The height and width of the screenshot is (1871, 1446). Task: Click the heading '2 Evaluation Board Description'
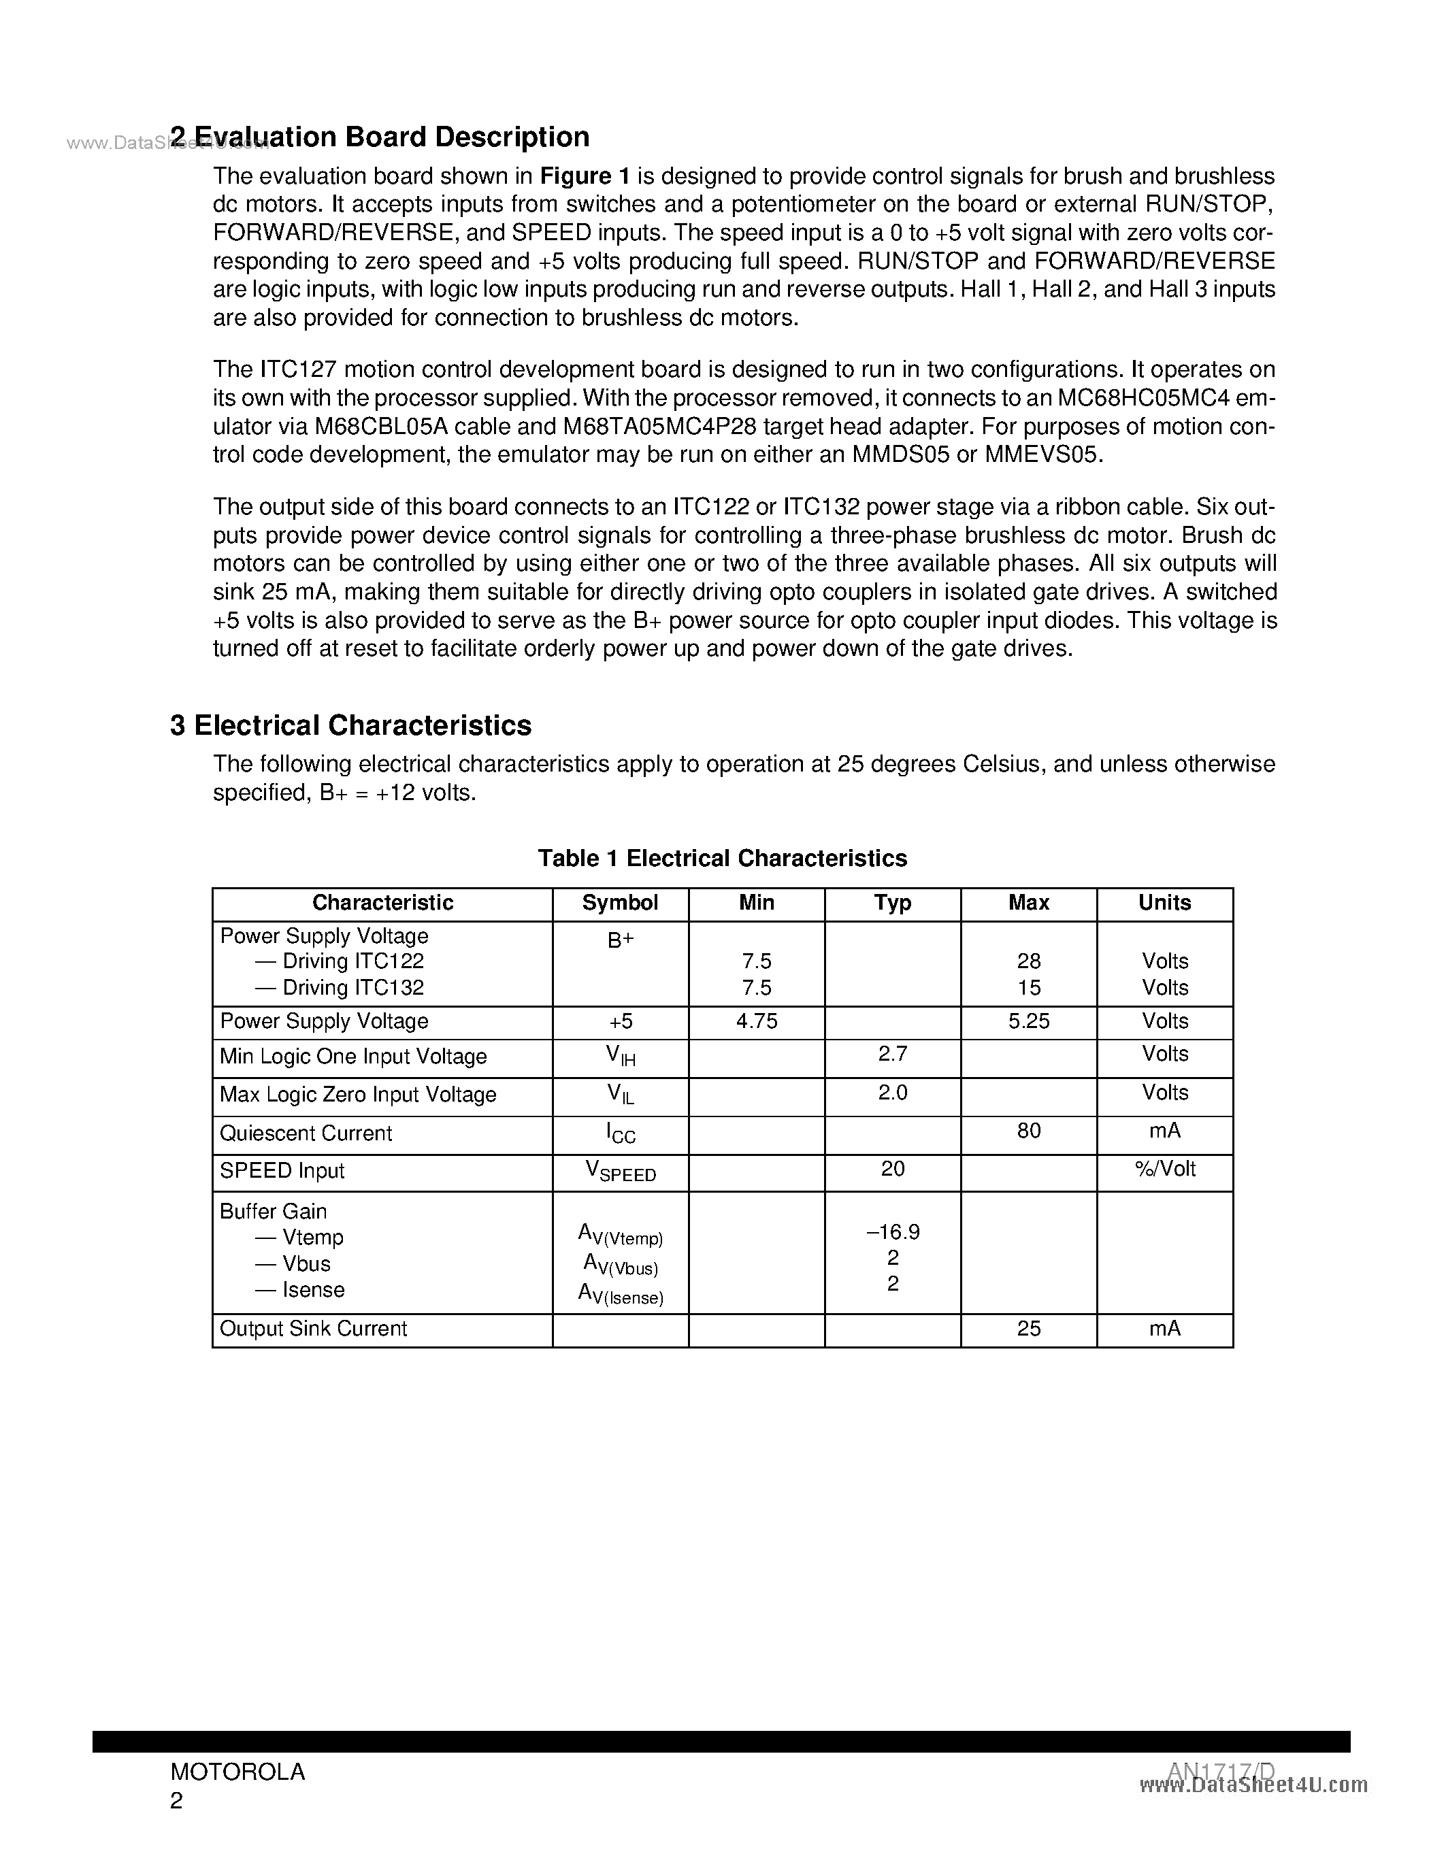point(380,137)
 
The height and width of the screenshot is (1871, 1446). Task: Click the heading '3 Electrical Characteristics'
point(350,726)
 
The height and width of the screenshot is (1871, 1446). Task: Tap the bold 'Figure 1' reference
point(585,176)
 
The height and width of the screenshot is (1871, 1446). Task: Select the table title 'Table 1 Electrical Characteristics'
point(722,859)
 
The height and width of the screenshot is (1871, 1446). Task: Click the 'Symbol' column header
point(620,903)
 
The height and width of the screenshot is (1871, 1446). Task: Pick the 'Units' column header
point(1164,903)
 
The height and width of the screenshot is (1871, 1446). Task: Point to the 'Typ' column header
point(893,903)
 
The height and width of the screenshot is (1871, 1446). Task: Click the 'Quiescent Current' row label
point(306,1133)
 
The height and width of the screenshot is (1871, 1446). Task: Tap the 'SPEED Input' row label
point(282,1171)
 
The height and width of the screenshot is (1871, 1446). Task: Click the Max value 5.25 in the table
point(1029,1021)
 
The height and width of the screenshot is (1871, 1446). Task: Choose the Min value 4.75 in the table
point(757,1021)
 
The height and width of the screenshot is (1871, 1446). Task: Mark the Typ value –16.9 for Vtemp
point(893,1232)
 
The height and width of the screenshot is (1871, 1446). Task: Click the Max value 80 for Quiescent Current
point(1029,1131)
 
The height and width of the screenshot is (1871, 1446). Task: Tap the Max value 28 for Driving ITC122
point(1029,961)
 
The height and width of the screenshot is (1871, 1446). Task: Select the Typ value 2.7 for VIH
point(893,1055)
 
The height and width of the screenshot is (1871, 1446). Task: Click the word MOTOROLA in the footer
point(237,1772)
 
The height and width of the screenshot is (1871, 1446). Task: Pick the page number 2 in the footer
point(176,1801)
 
